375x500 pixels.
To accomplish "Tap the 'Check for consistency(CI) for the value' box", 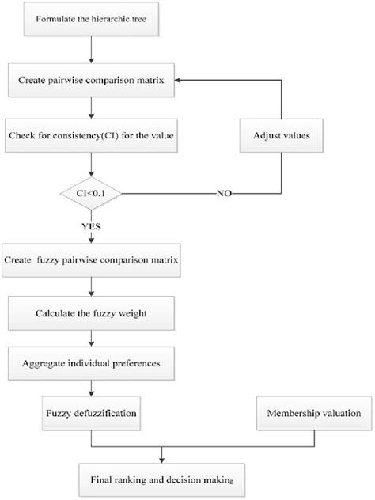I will (x=93, y=136).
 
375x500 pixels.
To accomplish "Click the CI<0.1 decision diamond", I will (x=93, y=192).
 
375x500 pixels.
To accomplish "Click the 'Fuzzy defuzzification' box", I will (x=93, y=412).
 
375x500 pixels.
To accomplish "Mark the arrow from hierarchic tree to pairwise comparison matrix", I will (x=93, y=53).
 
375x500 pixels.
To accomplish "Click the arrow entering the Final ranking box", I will (x=162, y=456).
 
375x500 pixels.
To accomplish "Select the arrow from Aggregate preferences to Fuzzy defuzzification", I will (x=93, y=389).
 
